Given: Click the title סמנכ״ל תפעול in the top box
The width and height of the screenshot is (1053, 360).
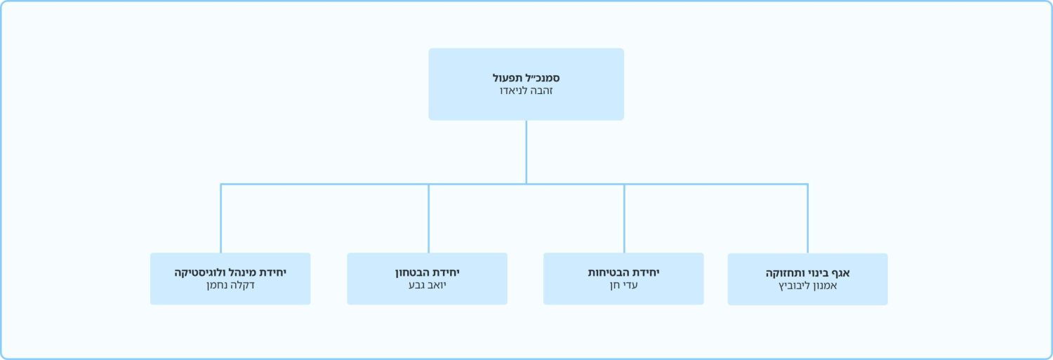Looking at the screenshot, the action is coord(526,78).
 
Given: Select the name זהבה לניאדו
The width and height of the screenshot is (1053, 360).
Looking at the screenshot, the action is coord(526,91).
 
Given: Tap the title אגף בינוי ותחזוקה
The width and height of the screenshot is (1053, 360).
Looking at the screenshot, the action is coord(807,273).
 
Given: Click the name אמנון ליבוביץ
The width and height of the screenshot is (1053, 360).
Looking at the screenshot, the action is coord(807,286).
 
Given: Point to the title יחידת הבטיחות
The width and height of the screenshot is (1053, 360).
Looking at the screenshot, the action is coord(623,272).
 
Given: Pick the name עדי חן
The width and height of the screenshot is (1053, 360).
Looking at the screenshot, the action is coord(623,286).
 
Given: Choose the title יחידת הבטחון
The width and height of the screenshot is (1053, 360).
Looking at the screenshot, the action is coord(428,272).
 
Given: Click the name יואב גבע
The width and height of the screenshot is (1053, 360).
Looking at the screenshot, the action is coord(428,286).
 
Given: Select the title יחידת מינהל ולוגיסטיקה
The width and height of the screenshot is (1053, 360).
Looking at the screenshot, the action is coord(230,272).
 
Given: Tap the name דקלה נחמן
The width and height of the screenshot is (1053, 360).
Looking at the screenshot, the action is coord(230,286).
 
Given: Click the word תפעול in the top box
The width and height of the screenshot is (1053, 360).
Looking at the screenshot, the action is coord(508,78).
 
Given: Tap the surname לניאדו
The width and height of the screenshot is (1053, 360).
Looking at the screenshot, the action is coord(513,91).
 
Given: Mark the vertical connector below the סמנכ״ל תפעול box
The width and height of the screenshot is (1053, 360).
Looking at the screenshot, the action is coord(526,152).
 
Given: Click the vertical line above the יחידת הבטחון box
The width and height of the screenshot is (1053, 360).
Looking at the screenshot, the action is coord(428,218).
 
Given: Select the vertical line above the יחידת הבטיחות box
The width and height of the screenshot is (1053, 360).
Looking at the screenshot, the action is coord(624,218).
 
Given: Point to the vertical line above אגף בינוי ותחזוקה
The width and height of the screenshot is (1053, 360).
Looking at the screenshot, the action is coord(807,218).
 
